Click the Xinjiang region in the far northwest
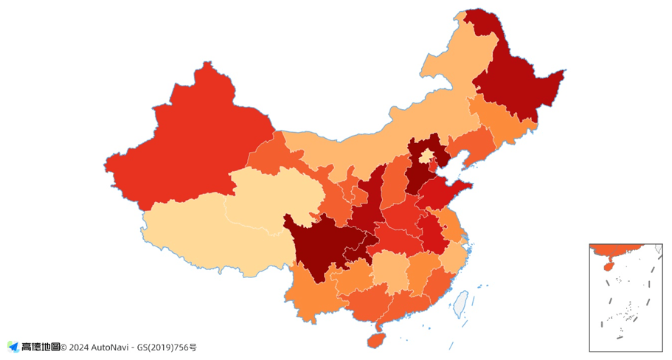pyautogui.click(x=184, y=148)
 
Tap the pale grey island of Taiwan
pyautogui.click(x=461, y=303)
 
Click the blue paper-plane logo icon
pyautogui.click(x=13, y=347)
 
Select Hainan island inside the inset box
pyautogui.click(x=604, y=262)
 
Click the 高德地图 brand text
pyautogui.click(x=41, y=347)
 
